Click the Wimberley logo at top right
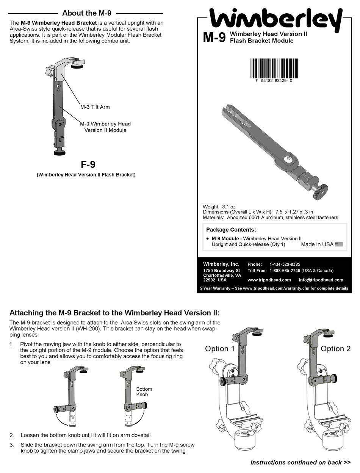(x=275, y=20)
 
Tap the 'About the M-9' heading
(x=86, y=13)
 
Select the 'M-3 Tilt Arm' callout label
(x=95, y=107)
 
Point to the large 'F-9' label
(x=88, y=164)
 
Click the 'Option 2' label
(x=335, y=349)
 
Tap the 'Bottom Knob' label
(x=144, y=392)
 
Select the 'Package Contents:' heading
(x=231, y=230)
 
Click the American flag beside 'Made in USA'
(x=339, y=244)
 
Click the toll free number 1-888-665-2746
(x=285, y=271)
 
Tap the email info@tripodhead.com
(x=321, y=280)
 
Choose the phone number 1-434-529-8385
(x=285, y=264)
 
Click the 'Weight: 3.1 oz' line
(x=219, y=207)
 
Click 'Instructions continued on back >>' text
(x=301, y=462)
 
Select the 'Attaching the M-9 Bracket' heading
(x=114, y=313)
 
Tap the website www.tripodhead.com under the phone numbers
(x=269, y=280)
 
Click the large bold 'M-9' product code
(x=214, y=38)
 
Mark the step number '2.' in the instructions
(x=12, y=435)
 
